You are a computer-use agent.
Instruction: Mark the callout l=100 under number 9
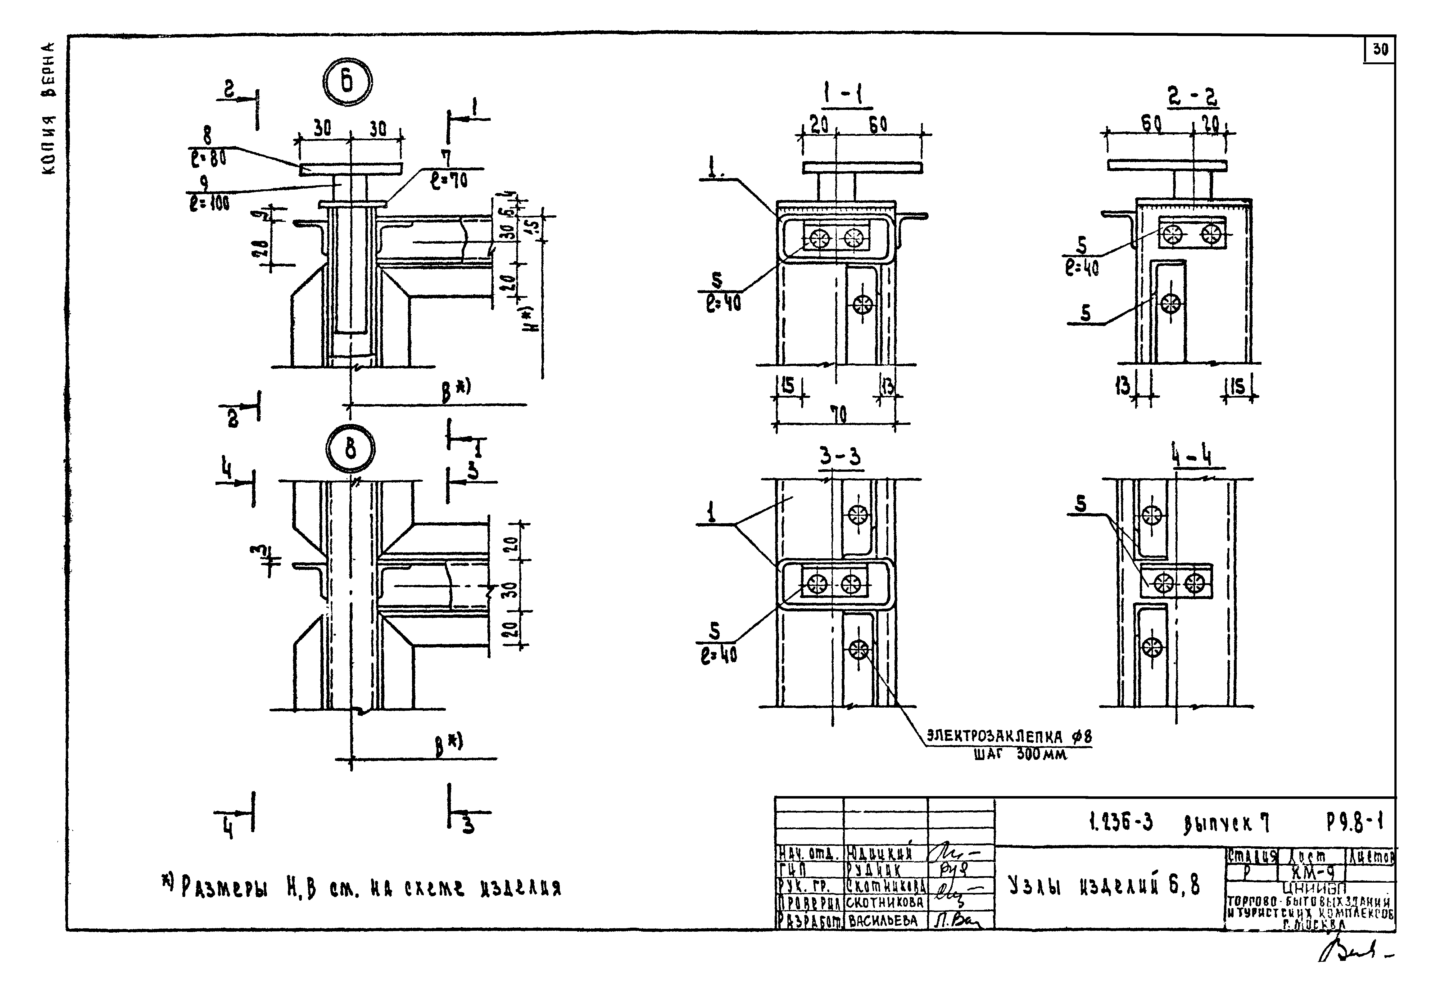(x=210, y=203)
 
